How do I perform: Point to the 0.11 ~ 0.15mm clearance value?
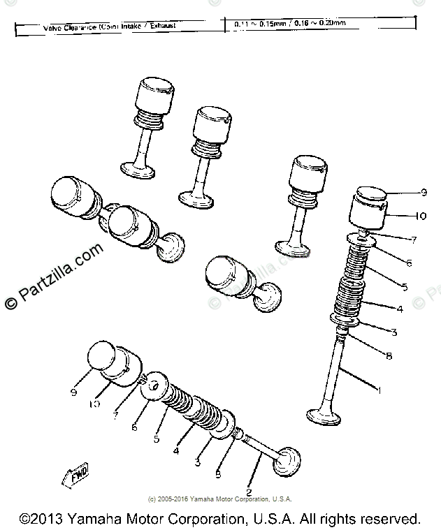coord(253,24)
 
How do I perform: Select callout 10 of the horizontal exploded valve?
coord(94,404)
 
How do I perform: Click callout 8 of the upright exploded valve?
coord(389,355)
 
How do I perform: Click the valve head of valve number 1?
coord(323,417)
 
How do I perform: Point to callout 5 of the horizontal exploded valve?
coord(157,440)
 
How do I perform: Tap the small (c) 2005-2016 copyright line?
coord(219,499)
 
